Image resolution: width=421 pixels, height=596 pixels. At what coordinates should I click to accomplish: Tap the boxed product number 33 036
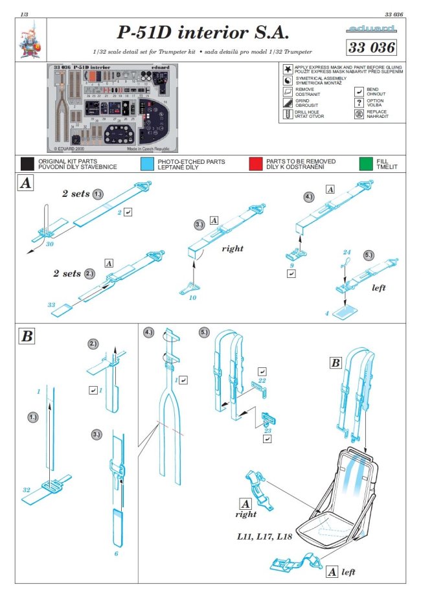371,47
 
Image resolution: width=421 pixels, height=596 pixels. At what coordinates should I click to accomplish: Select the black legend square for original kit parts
27,163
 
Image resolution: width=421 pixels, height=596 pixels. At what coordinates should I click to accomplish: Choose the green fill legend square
365,163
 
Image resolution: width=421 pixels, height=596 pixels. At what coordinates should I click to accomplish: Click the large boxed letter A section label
25,184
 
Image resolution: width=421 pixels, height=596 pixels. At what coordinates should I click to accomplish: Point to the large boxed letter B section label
27,337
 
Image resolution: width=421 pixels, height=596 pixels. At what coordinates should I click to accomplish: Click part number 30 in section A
49,244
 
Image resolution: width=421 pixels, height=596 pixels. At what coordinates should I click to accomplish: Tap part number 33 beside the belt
52,304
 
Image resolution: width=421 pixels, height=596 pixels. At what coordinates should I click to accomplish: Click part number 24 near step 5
347,252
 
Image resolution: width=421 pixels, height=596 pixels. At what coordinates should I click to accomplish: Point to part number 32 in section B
26,490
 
